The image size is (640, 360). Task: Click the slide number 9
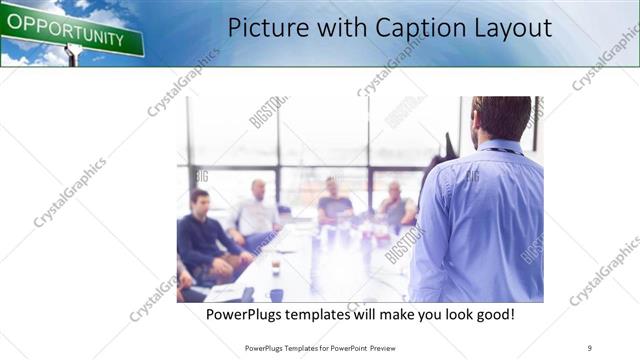tap(590, 348)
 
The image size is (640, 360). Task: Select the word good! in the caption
tap(493, 315)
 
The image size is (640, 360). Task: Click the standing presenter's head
tap(501, 117)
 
